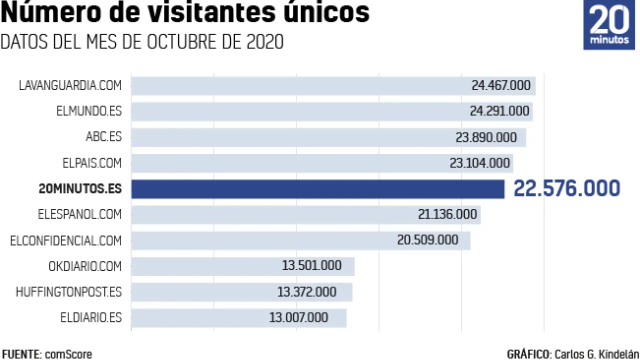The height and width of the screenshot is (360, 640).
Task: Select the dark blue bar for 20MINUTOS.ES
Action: [318, 189]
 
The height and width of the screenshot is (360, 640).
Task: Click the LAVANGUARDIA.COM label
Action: [70, 85]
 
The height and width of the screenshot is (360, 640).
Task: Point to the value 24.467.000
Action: [500, 85]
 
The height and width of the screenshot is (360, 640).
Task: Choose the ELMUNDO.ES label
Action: [89, 111]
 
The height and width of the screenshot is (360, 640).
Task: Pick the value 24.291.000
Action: [499, 111]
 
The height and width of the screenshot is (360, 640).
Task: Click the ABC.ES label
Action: [103, 136]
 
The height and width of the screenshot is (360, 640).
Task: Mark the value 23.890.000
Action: [486, 137]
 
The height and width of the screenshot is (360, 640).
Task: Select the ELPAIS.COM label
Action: [91, 162]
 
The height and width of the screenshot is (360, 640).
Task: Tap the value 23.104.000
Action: [480, 163]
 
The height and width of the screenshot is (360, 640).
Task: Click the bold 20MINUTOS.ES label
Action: [80, 189]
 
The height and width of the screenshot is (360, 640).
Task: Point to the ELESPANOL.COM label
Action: [79, 214]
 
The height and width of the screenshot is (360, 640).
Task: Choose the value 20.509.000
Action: [427, 240]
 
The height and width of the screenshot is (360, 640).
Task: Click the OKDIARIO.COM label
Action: [85, 266]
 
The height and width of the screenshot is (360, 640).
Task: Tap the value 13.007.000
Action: [298, 317]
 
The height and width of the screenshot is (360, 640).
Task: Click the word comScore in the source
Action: [68, 354]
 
